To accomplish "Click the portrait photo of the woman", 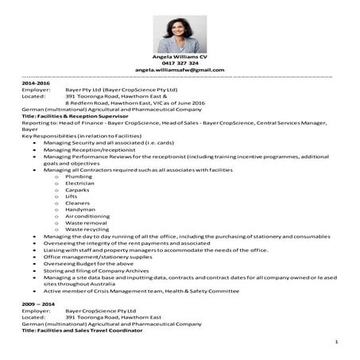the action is pos(180,33).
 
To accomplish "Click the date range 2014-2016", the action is pos(37,83).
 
